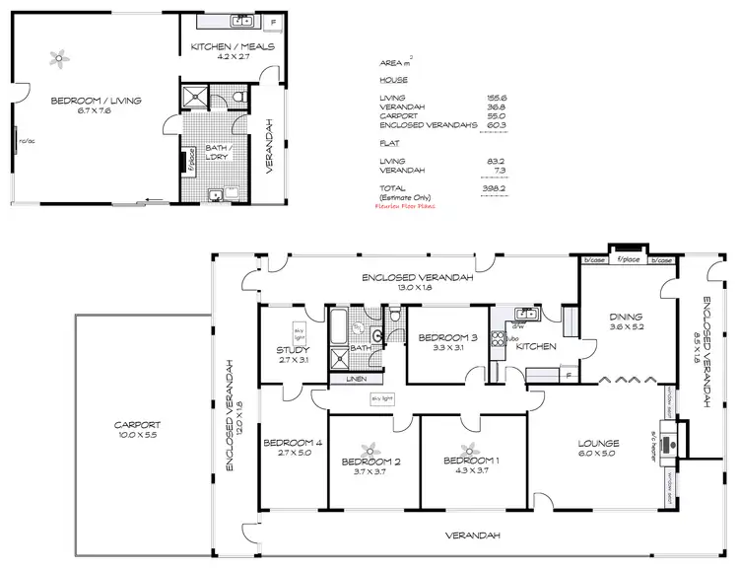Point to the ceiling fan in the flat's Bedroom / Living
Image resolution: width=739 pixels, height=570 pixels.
(59, 58)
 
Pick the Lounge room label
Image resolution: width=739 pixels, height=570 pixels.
(597, 448)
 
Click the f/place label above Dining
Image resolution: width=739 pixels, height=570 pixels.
(624, 260)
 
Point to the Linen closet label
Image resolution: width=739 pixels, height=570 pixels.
(353, 379)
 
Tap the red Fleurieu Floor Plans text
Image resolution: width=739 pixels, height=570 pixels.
(404, 207)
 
